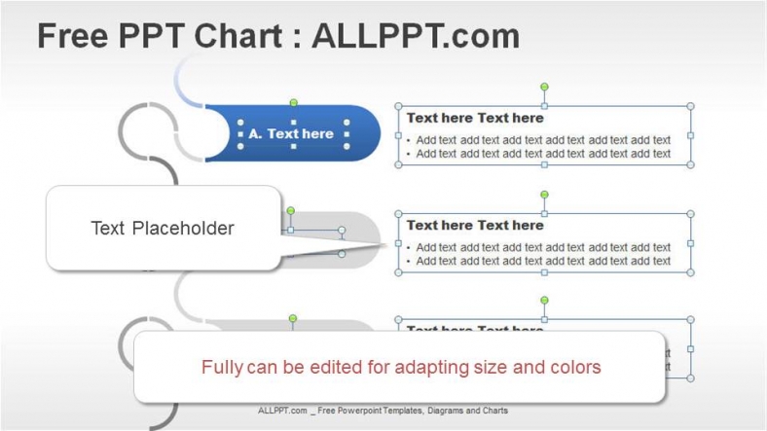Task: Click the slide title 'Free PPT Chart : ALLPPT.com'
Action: [x=277, y=36]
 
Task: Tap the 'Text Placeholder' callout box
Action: [x=163, y=229]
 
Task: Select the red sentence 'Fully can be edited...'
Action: [x=400, y=367]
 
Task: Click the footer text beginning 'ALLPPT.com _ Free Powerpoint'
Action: [x=383, y=411]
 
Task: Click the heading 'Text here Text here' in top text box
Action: [x=475, y=118]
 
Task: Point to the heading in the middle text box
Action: [x=475, y=225]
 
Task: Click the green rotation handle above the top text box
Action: [x=544, y=88]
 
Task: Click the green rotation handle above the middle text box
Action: [x=544, y=195]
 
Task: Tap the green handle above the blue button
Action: [x=293, y=102]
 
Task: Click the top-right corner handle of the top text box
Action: [x=690, y=106]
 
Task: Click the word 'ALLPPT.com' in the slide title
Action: [x=416, y=36]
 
